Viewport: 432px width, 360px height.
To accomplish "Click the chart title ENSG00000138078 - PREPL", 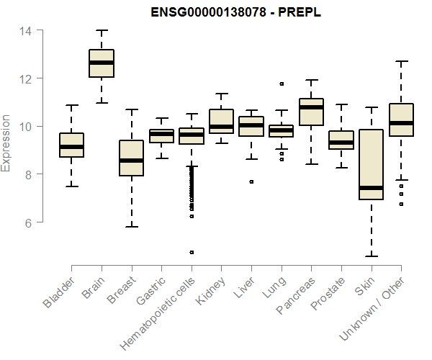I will [236, 12].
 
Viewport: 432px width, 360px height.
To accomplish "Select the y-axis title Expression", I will [6, 142].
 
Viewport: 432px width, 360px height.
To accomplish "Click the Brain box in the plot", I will [102, 63].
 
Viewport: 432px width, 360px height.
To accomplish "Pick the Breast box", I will [131, 158].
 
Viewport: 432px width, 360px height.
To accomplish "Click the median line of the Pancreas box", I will [311, 107].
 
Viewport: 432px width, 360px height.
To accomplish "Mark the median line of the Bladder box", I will [71, 147].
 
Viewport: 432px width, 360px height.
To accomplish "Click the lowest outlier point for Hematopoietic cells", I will [192, 252].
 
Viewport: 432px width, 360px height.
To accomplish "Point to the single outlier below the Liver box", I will [251, 181].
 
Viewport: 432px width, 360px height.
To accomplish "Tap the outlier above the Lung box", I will [282, 84].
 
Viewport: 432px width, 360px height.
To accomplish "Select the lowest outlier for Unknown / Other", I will [401, 204].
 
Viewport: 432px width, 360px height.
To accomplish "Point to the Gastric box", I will [161, 135].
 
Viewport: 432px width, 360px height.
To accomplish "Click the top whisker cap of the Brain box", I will [102, 31].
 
